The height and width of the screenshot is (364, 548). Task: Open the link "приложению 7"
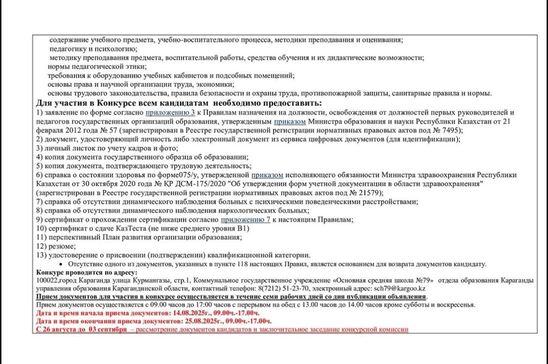coord(245,219)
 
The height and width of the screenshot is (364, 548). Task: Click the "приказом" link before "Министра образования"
coord(290,121)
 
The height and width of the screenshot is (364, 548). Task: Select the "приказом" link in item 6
coord(267,175)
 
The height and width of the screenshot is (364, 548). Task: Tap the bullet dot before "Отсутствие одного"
coord(51,264)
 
